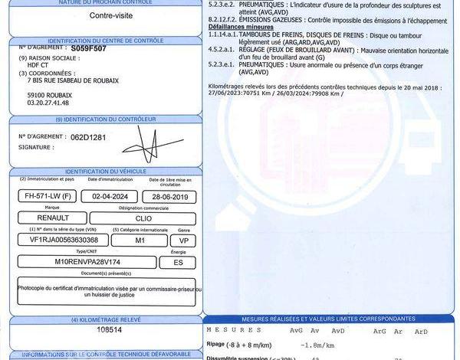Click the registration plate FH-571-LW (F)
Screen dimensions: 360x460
[x=45, y=196]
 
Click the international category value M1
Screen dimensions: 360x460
[x=140, y=239]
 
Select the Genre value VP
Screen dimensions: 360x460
[x=183, y=239]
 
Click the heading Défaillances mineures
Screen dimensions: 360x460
[x=240, y=26]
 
